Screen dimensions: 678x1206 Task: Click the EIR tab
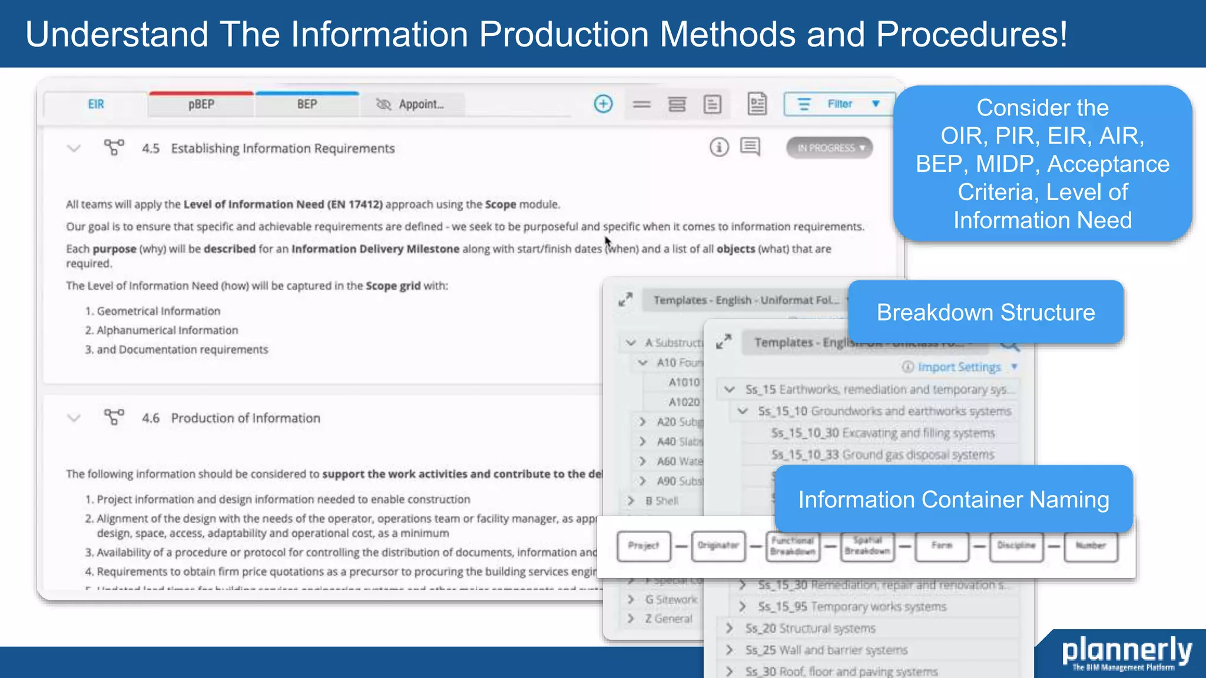[x=96, y=105]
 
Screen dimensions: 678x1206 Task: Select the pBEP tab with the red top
[x=201, y=105]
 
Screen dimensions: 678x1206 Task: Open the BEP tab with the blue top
[x=307, y=105]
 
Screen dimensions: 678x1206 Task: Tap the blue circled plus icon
[x=603, y=104]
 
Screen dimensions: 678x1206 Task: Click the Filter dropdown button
[x=839, y=104]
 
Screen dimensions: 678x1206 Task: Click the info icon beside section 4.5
[x=719, y=147]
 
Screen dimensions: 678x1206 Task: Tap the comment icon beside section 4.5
[x=750, y=147]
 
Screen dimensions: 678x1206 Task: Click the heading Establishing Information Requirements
[x=283, y=148]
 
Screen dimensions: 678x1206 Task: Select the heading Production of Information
[x=246, y=418]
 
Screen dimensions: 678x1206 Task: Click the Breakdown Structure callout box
[x=985, y=313]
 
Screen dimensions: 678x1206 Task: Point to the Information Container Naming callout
[x=953, y=500]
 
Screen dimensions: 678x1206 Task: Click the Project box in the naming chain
[x=644, y=546]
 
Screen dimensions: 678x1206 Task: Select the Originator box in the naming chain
[x=718, y=546]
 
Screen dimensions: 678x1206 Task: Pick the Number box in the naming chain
[x=1090, y=546]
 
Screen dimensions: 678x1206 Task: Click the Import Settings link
[x=959, y=367]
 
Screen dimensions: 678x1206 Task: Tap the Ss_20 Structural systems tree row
[x=810, y=629]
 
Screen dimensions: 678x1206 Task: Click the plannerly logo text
[x=1127, y=650]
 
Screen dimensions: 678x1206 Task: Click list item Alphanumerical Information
[x=167, y=330]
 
